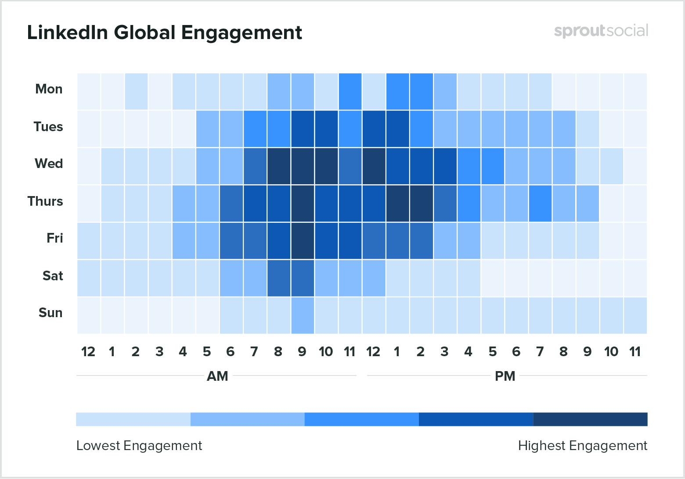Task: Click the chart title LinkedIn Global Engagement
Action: tap(165, 33)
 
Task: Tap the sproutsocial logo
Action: tap(601, 31)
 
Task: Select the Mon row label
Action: tap(49, 89)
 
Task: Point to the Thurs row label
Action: tap(45, 201)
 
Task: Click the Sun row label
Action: tap(50, 313)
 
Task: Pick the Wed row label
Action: tap(49, 164)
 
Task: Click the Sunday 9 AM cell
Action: tap(302, 315)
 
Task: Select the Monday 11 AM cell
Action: tap(350, 91)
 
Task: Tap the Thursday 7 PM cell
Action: tap(540, 204)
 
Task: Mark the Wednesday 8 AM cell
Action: tap(278, 166)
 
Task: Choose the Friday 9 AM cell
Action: tap(302, 241)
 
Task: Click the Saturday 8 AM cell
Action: tap(278, 278)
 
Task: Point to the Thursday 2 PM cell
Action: tap(421, 204)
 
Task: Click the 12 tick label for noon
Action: tap(373, 352)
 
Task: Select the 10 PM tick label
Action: tap(611, 352)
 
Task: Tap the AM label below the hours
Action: tap(217, 376)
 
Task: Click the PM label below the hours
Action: tap(505, 376)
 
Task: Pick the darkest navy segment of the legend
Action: tap(590, 419)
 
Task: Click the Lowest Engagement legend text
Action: tap(139, 446)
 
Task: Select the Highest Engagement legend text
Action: tap(582, 446)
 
